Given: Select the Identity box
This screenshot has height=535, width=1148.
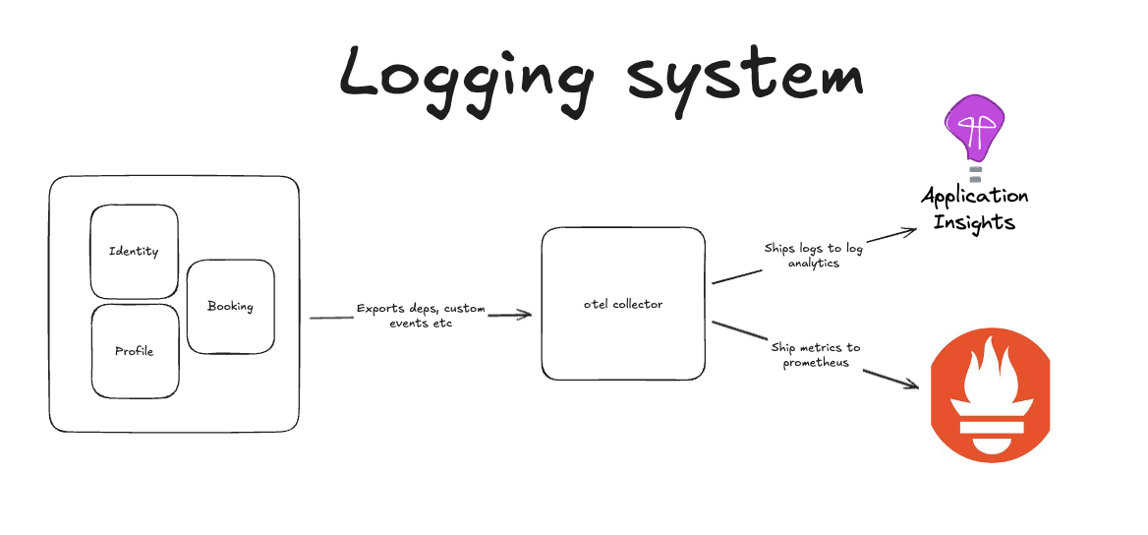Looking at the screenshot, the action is (x=135, y=251).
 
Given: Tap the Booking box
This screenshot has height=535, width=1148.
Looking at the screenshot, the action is (x=230, y=306).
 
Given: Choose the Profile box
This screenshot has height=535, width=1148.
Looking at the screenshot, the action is (x=135, y=351).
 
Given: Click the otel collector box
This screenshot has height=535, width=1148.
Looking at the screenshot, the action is (x=623, y=304).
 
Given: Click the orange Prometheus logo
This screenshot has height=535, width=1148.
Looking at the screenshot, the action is (x=990, y=396).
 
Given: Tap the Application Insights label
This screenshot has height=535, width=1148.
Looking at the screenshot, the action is (x=974, y=208).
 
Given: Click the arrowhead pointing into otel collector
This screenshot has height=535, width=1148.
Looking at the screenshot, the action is (x=525, y=315).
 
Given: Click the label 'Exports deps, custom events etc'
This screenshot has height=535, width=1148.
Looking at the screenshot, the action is (x=420, y=316).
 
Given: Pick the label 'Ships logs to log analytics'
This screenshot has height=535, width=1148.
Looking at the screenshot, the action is (x=814, y=256).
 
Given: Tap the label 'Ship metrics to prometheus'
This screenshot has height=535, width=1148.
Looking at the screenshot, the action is (x=816, y=355).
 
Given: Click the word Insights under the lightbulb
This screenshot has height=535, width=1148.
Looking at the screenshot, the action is (x=974, y=221).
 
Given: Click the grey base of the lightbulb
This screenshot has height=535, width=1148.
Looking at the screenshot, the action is (x=976, y=174).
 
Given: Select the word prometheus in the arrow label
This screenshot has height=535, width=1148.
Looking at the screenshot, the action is (x=816, y=363).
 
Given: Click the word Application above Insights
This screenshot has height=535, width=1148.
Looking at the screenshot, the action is (x=974, y=196).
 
